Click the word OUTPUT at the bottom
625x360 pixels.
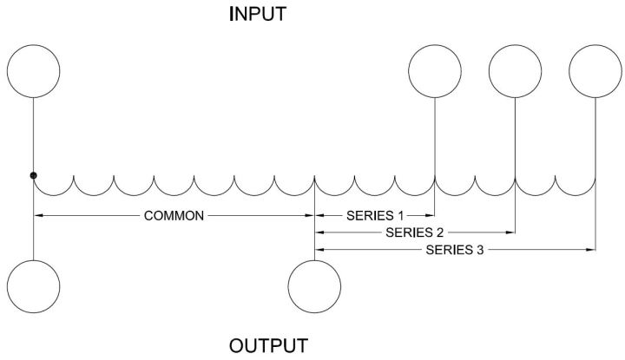click(268, 346)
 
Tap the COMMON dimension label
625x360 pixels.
click(174, 215)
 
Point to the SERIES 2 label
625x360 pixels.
click(415, 232)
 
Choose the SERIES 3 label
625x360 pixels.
click(456, 250)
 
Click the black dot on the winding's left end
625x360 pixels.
click(33, 176)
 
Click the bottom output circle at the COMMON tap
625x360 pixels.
click(314, 285)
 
